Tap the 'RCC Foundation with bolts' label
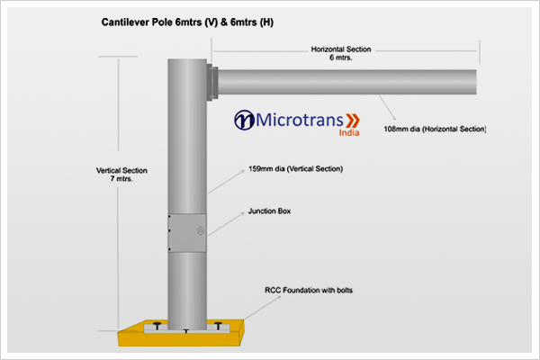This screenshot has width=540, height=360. (x=303, y=290)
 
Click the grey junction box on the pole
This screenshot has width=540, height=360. (x=186, y=232)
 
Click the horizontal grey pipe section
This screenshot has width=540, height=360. (x=346, y=82)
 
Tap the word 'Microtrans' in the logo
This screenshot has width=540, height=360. (x=296, y=120)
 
